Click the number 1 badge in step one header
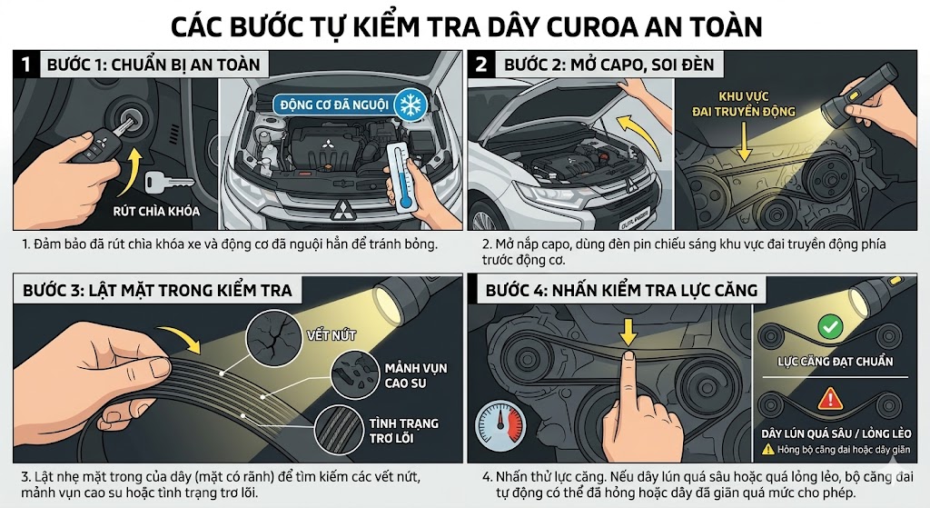click(x=27, y=65)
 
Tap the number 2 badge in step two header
click(x=480, y=65)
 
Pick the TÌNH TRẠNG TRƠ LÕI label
click(x=404, y=432)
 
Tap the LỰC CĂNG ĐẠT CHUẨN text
click(x=836, y=361)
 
